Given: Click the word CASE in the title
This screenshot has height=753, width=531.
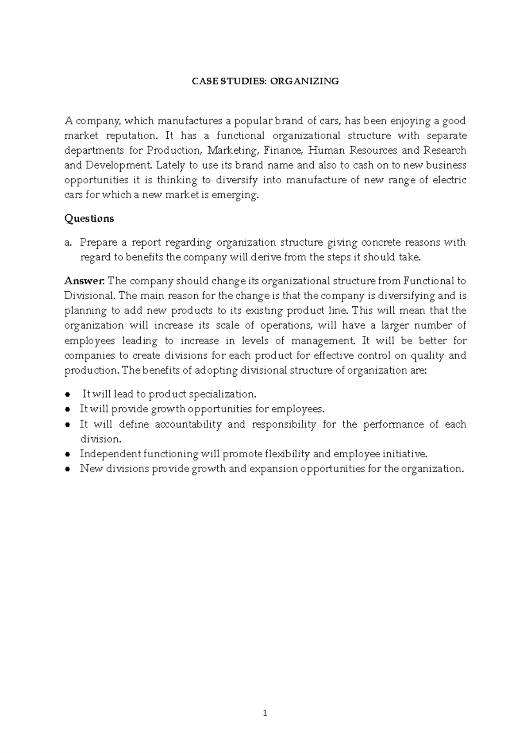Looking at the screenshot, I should (202, 81).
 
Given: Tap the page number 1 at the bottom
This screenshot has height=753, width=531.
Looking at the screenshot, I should (265, 713).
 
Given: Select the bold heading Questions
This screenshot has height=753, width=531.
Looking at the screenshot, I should (89, 219).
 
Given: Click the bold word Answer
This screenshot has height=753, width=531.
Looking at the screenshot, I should (85, 281).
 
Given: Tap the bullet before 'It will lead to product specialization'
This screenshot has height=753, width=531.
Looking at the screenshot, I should (68, 395).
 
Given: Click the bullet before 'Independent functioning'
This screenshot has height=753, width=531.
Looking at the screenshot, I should (68, 455).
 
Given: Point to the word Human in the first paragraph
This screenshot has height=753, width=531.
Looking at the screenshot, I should (327, 151).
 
